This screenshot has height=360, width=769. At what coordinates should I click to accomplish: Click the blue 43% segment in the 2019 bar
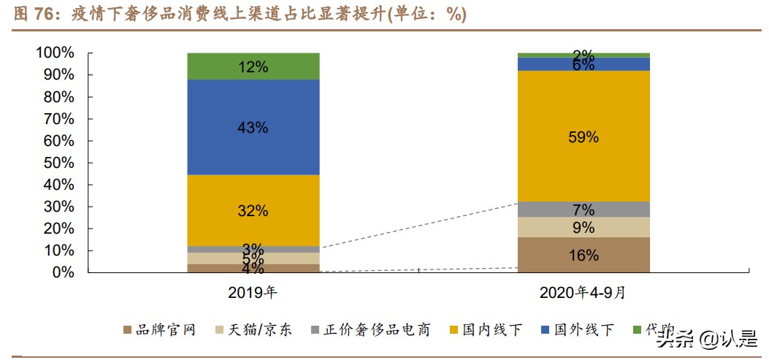253,127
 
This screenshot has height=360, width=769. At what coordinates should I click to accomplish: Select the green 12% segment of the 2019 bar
253,66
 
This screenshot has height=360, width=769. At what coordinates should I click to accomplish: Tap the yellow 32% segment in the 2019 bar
253,210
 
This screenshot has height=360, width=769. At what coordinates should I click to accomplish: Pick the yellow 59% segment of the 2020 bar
583,137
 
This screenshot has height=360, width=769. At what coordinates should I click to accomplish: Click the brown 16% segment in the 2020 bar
583,255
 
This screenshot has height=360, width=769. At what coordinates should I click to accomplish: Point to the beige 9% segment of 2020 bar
583,227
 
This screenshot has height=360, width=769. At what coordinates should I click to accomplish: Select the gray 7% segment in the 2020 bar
583,210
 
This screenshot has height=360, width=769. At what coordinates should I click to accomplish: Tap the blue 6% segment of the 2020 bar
583,64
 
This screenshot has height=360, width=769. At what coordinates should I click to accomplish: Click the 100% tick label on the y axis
55,53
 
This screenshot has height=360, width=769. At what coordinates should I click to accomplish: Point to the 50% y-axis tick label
58,163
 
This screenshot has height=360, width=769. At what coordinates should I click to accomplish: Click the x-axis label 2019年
253,293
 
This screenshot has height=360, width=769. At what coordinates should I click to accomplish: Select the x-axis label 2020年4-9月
583,293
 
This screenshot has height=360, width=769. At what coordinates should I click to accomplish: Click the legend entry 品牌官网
165,330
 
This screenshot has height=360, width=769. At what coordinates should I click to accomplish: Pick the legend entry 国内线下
489,330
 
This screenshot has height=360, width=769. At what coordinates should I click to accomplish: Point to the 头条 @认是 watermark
705,338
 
